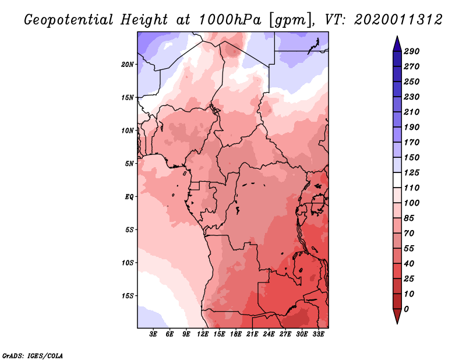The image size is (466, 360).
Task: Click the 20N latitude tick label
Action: click(x=128, y=64)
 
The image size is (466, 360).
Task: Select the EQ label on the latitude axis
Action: click(x=129, y=196)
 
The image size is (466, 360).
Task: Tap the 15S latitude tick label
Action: click(x=128, y=295)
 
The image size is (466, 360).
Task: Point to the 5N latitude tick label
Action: click(x=129, y=163)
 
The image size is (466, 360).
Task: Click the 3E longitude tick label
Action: click(x=153, y=334)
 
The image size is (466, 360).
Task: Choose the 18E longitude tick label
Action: click(x=235, y=334)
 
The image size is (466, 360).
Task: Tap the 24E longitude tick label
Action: click(x=268, y=334)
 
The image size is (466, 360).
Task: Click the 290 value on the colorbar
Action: click(x=412, y=51)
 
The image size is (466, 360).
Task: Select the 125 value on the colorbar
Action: click(x=412, y=172)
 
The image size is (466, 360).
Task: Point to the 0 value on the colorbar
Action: click(x=406, y=309)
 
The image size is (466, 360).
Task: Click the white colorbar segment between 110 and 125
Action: click(x=397, y=180)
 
